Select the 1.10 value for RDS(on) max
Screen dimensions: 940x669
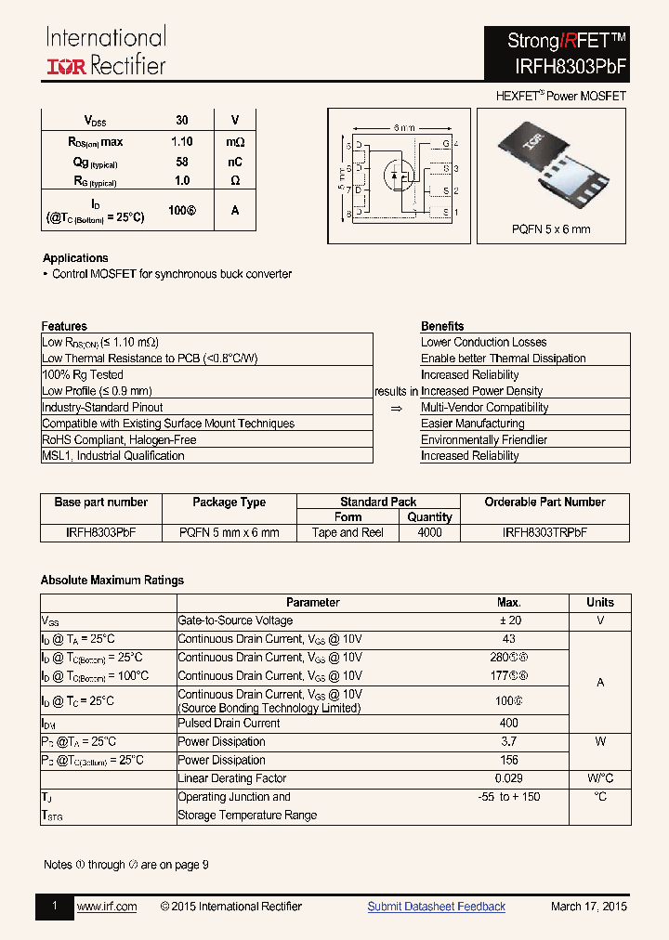[182, 142]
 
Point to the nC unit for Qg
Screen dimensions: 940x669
[235, 162]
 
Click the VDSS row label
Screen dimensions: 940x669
[96, 121]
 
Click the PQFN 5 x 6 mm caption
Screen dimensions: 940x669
[551, 229]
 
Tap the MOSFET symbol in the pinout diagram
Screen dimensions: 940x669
[400, 175]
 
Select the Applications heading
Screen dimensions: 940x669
[75, 258]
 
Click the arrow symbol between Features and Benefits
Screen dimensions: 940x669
[396, 408]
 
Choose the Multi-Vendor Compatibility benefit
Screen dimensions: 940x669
[484, 408]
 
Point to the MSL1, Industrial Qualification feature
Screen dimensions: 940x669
[113, 456]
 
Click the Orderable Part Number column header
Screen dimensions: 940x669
[544, 503]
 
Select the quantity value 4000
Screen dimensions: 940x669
[429, 533]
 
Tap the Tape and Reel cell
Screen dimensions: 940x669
[348, 533]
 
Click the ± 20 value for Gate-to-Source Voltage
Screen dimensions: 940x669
[508, 620]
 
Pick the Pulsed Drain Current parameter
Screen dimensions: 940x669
[229, 723]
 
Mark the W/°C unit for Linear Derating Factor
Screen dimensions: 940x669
[600, 778]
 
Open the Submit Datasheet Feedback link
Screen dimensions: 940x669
[436, 907]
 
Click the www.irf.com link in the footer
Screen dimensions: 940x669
[107, 907]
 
